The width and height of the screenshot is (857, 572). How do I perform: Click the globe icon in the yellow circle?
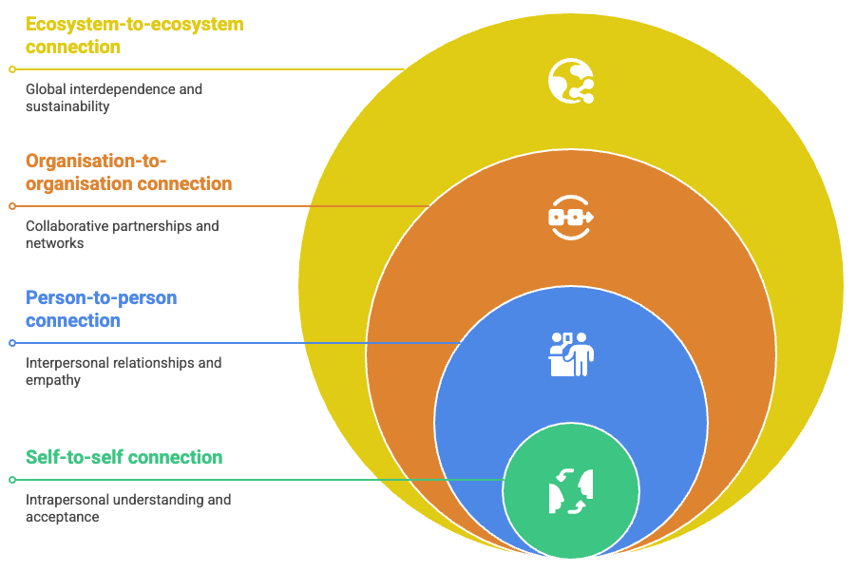pyautogui.click(x=570, y=81)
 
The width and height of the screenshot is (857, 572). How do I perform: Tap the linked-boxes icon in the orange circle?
pyautogui.click(x=570, y=218)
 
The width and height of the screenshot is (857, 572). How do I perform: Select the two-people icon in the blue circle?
pyautogui.click(x=571, y=354)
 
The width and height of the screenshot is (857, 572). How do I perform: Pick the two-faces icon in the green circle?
pyautogui.click(x=570, y=491)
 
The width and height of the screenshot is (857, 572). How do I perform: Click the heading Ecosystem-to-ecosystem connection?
pyautogui.click(x=134, y=35)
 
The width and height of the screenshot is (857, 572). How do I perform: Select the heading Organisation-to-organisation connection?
pyautogui.click(x=128, y=172)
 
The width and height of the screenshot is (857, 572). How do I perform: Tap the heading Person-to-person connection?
pyautogui.click(x=101, y=309)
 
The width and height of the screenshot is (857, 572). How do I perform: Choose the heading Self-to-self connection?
pyautogui.click(x=124, y=457)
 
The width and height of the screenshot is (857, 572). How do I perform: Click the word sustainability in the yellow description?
pyautogui.click(x=67, y=106)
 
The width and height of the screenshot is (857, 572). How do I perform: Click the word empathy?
pyautogui.click(x=53, y=380)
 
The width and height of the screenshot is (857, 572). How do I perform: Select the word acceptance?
pyautogui.click(x=62, y=517)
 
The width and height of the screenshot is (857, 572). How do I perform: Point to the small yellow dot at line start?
pyautogui.click(x=12, y=69)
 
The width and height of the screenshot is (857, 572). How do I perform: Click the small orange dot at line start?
pyautogui.click(x=12, y=206)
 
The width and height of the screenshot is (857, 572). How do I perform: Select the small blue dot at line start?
pyautogui.click(x=12, y=343)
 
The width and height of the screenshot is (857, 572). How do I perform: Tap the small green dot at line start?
pyautogui.click(x=12, y=480)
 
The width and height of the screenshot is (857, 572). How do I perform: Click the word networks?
pyautogui.click(x=54, y=243)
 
